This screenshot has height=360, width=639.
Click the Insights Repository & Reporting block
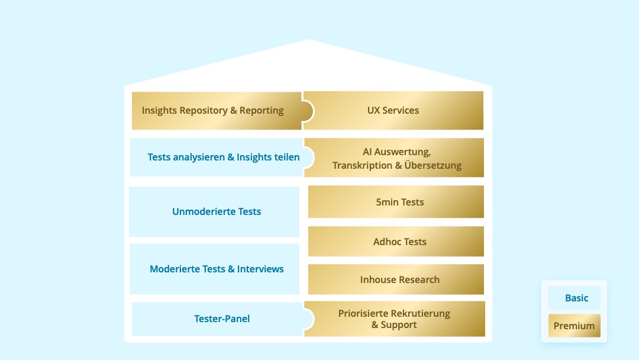click(x=213, y=111)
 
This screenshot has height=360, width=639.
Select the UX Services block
click(x=393, y=111)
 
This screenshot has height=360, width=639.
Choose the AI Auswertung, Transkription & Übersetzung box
click(x=396, y=158)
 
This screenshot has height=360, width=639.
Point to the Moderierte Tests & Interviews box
click(x=216, y=269)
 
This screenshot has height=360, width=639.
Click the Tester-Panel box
click(x=222, y=319)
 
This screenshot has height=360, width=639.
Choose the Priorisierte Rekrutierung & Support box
click(x=394, y=319)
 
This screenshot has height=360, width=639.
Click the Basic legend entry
click(x=576, y=298)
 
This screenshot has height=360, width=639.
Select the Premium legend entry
click(x=574, y=326)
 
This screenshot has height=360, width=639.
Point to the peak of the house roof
click(x=308, y=40)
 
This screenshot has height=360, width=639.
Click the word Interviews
click(x=260, y=269)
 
